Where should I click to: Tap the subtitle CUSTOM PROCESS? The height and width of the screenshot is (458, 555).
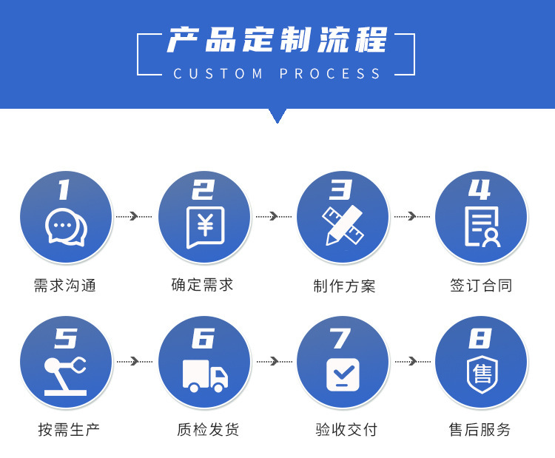277,74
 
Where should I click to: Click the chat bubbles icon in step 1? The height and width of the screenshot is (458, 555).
66,228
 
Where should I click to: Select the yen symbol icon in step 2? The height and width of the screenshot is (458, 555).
205,226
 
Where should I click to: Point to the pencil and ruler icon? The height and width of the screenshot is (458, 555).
343,226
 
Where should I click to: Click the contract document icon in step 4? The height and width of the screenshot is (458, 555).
482,226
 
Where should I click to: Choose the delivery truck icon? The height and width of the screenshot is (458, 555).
205,375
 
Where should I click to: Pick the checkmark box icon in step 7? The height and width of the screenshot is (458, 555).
343,374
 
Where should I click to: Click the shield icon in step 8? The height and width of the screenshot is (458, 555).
482,374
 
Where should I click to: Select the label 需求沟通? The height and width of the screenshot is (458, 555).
65,286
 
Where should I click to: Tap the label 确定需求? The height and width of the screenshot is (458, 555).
202,285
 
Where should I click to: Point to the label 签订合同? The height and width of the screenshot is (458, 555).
481,286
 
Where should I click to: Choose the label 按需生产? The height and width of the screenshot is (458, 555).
69,429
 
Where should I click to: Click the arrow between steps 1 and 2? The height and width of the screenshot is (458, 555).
134,216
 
